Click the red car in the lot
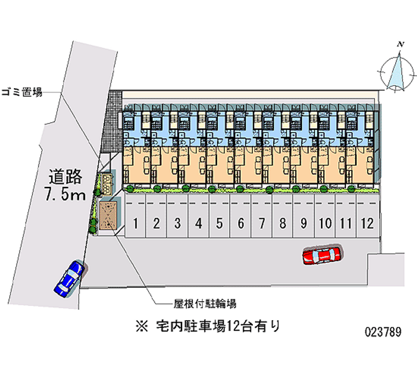322,255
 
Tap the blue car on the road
69,278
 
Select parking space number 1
136,216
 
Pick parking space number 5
219,216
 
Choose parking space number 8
283,216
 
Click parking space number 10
325,216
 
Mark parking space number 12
367,216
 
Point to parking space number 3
177,216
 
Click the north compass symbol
397,72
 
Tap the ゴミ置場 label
22,92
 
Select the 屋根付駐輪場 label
205,303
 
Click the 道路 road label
65,177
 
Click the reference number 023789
383,332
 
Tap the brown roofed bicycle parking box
108,215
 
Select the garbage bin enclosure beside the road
106,185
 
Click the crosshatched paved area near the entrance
112,123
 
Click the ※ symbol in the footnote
142,326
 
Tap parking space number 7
262,216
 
